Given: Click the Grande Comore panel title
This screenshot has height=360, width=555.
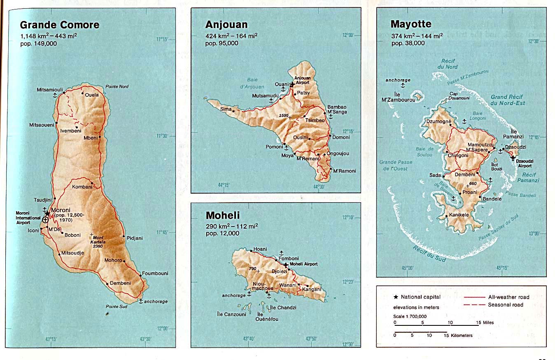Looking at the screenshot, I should [x=60, y=25].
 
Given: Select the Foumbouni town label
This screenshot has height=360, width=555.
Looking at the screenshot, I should [x=155, y=274].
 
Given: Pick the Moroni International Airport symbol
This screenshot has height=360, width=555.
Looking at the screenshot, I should [x=45, y=220].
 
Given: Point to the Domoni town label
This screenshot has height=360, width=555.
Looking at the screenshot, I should [x=341, y=137].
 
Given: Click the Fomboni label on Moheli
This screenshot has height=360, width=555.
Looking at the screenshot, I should [x=288, y=258].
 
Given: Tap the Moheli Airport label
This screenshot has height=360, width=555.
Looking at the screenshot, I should [x=304, y=264].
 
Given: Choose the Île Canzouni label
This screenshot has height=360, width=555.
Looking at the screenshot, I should [x=231, y=314].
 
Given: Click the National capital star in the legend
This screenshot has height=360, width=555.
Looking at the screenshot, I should [x=396, y=297].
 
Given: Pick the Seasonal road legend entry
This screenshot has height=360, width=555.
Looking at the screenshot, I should [x=506, y=305].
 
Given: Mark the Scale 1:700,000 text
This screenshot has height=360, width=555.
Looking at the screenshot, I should [x=410, y=316].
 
